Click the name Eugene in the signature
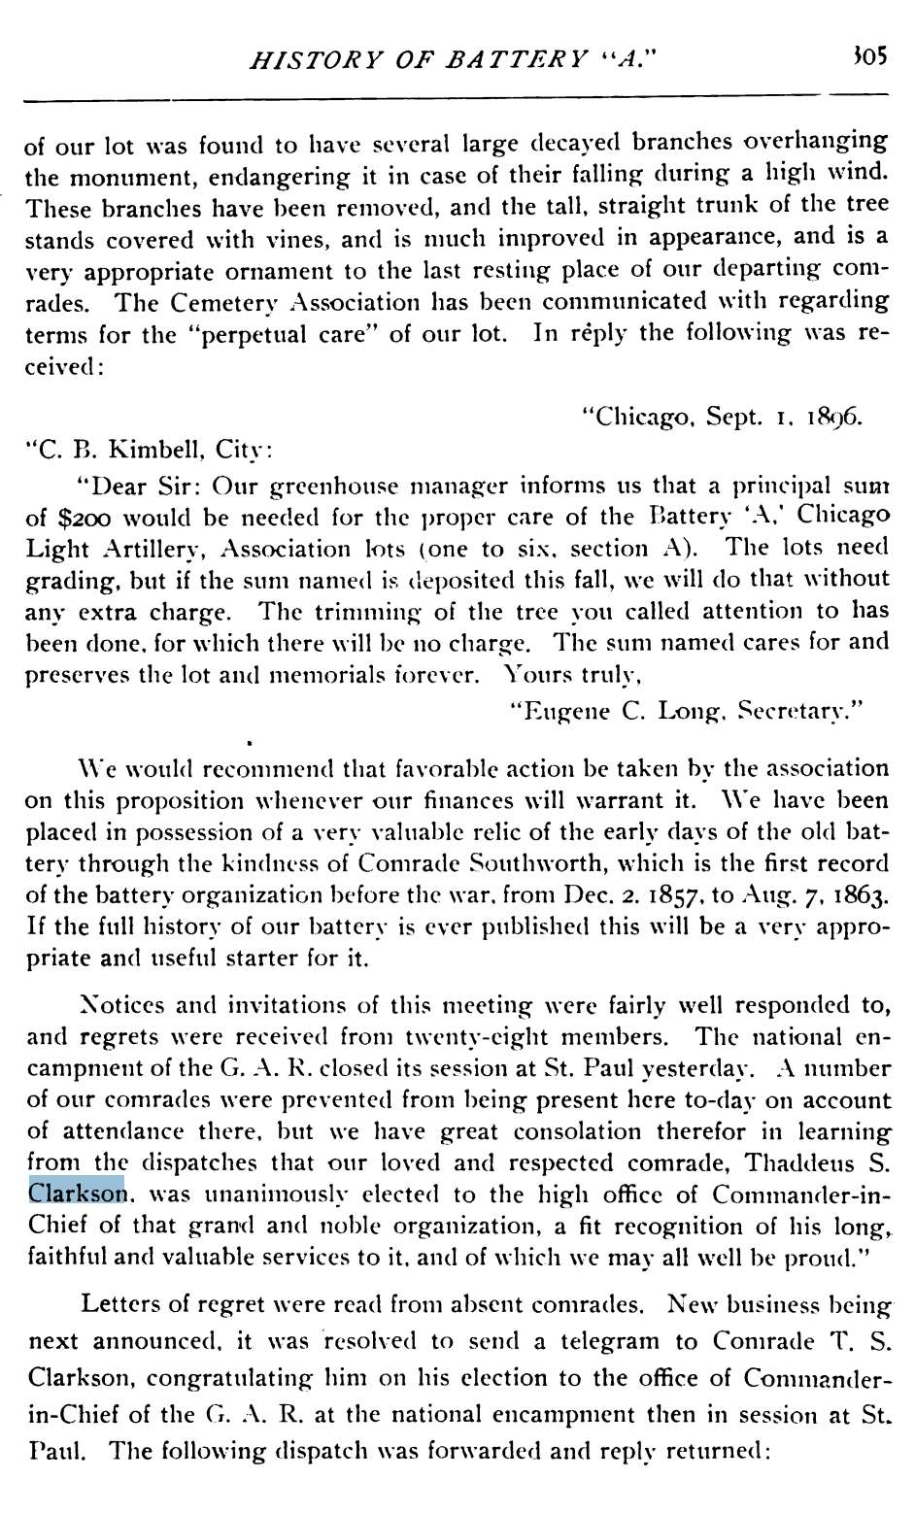[559, 711]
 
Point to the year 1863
[858, 895]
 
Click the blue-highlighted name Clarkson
[77, 1194]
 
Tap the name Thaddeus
[805, 1162]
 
